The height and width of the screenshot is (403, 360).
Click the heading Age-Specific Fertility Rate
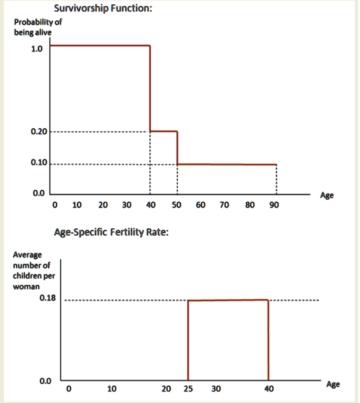tap(111, 233)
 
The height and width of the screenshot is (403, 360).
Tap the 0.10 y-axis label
tap(39, 163)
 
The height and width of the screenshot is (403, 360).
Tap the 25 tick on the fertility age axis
tap(188, 389)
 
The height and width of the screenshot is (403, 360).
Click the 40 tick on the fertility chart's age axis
tap(268, 389)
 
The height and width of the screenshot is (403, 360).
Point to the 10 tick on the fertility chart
tap(112, 389)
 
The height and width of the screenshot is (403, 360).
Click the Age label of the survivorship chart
tap(327, 196)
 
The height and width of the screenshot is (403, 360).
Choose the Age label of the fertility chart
tap(333, 385)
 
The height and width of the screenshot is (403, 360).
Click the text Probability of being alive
tap(37, 27)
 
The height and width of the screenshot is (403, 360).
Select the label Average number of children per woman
tap(33, 271)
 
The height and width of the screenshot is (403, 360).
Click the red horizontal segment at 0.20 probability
tap(164, 131)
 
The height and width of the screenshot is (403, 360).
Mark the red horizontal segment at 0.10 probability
tap(227, 164)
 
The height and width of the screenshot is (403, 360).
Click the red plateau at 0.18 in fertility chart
tap(228, 300)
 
